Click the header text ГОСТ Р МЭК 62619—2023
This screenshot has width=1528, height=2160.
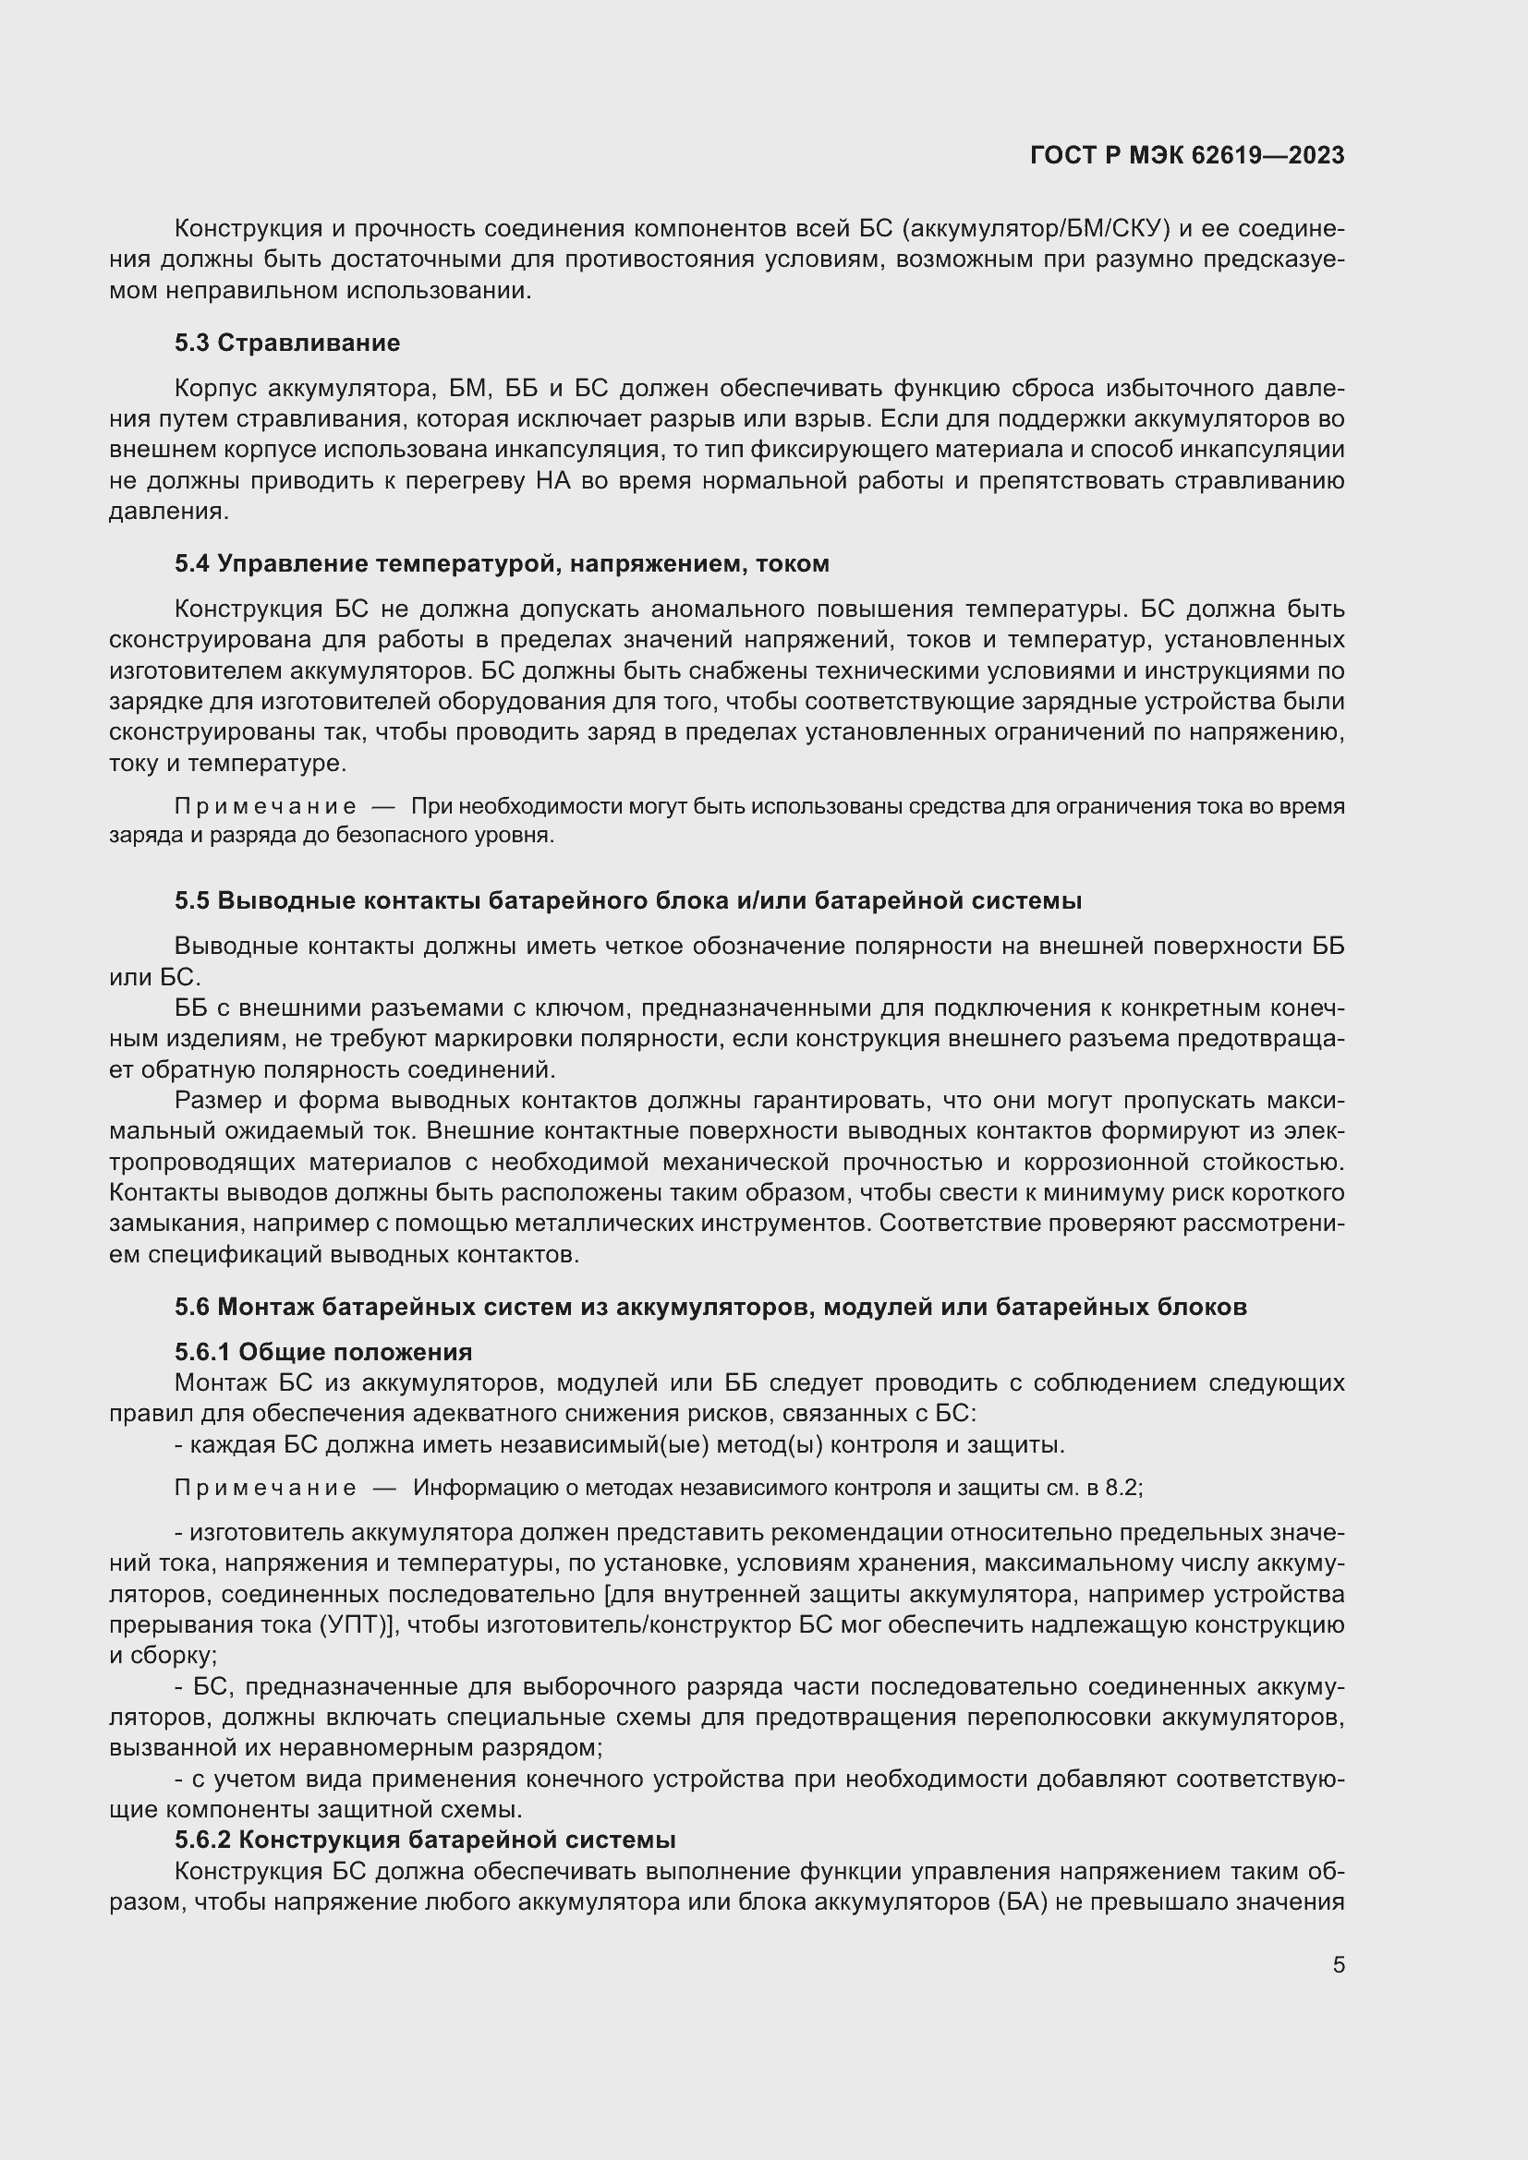pos(1187,155)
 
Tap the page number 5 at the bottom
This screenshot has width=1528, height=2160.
pos(1338,1964)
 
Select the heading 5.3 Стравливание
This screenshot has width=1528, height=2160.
pos(287,343)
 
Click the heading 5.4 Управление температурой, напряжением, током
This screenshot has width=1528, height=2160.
pos(502,563)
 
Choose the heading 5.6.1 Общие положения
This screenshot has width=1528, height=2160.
pos(322,1352)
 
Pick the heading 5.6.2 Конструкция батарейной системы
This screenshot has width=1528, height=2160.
pos(425,1840)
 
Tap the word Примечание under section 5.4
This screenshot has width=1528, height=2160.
pos(265,806)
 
